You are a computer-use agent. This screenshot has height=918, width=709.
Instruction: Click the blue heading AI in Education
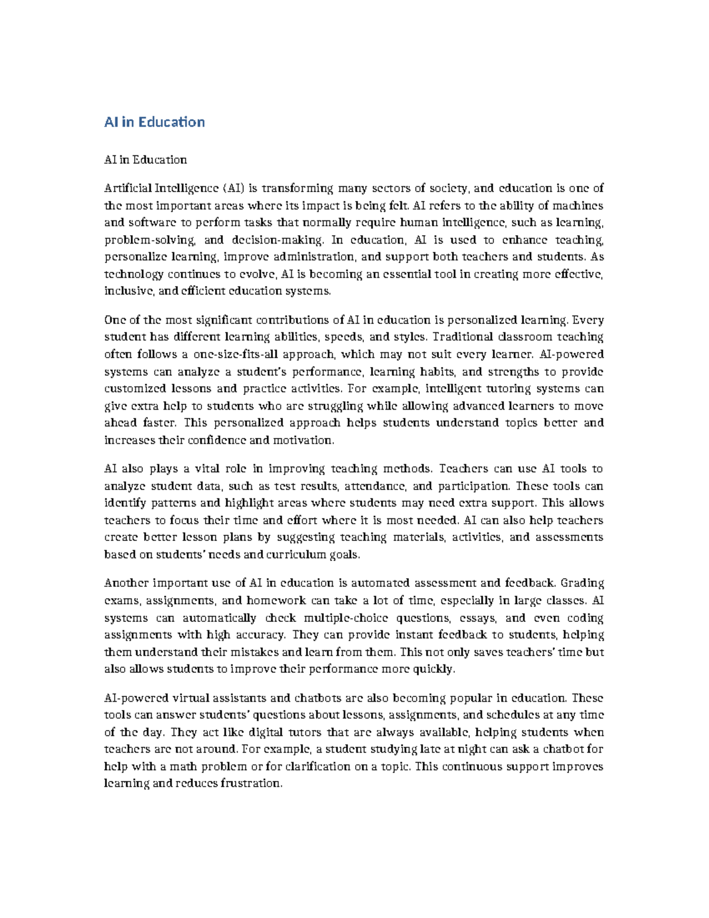154,122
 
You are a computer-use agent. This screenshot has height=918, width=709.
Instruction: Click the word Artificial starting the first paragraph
128,189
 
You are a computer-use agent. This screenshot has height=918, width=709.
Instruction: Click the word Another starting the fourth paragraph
125,583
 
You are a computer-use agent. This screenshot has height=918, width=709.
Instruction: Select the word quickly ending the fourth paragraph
437,669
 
